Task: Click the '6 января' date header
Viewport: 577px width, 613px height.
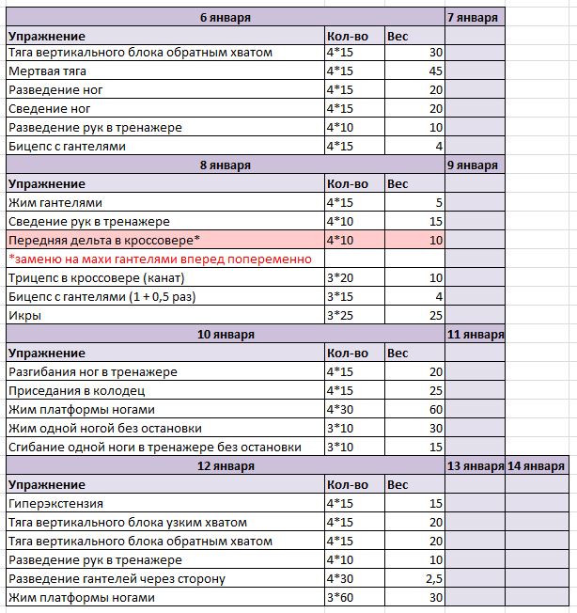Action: (225, 16)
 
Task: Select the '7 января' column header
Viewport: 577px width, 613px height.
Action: (475, 16)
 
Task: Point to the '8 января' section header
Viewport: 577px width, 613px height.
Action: (225, 165)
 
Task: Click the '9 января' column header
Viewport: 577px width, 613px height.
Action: (475, 165)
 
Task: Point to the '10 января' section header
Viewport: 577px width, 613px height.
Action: (225, 335)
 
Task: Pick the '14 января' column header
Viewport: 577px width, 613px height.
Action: (537, 466)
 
